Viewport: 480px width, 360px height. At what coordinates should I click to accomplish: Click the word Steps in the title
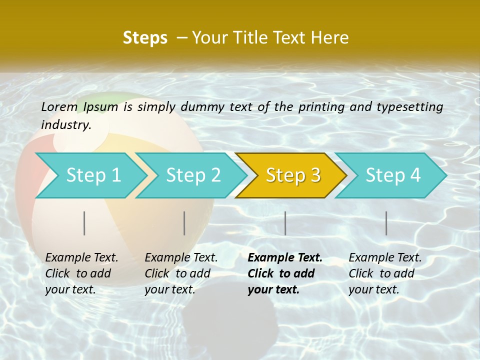(145, 38)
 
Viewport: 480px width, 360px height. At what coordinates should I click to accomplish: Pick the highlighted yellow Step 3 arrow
(293, 175)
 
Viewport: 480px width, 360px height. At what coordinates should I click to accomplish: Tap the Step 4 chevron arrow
(393, 175)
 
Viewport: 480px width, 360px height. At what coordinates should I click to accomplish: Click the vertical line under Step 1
(84, 223)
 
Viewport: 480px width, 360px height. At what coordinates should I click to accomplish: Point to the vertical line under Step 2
(184, 223)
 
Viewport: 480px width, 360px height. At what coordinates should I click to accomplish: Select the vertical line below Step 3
(285, 223)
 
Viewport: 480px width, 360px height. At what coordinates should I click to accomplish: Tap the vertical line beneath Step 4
(386, 223)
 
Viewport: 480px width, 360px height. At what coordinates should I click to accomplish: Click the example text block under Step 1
(81, 273)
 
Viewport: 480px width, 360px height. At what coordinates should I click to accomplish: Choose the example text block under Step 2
(181, 273)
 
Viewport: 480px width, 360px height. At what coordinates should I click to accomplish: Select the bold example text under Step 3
(285, 273)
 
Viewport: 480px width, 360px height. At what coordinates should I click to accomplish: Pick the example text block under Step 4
(385, 273)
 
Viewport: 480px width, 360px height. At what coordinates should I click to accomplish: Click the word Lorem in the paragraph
(59, 106)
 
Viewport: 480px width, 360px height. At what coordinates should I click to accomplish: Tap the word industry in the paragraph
(65, 125)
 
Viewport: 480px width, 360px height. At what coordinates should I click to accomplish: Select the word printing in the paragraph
(321, 107)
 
